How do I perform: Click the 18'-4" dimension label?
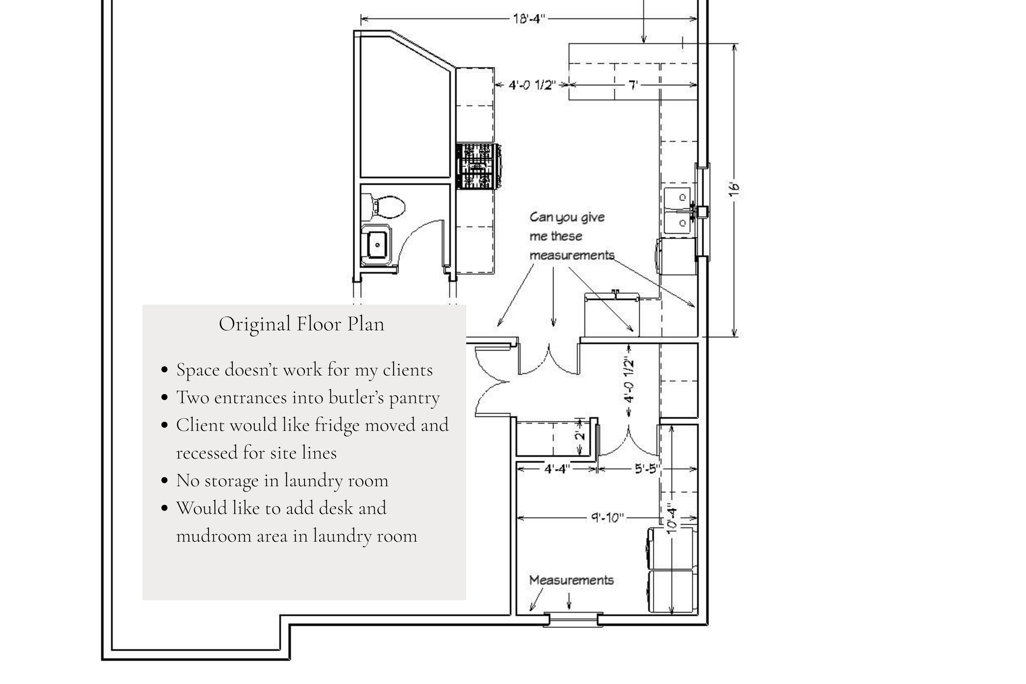pos(529,19)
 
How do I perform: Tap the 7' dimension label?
pos(633,85)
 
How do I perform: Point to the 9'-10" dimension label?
pos(607,518)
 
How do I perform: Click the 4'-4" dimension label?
pos(557,469)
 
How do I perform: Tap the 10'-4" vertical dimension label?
pos(672,519)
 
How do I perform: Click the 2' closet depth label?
pos(581,436)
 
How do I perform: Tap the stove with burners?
pos(478,167)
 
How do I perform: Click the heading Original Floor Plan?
pos(301,324)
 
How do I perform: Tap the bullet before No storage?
pos(165,481)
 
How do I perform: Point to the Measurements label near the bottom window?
pos(571,580)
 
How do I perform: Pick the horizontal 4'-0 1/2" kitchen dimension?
pos(532,85)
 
